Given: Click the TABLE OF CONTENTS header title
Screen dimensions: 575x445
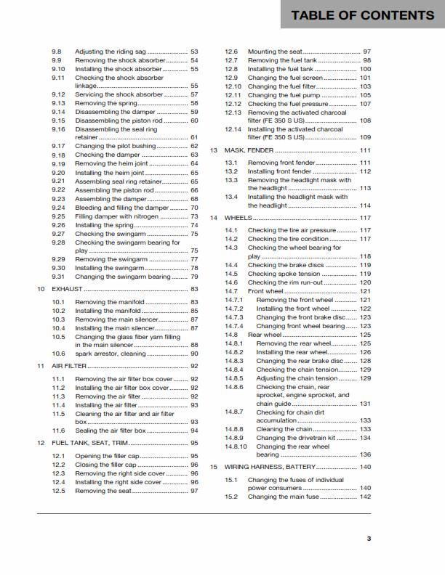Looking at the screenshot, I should point(362,15).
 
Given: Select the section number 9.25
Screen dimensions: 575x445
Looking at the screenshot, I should point(59,216).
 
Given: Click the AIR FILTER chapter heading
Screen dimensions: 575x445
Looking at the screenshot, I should point(68,366).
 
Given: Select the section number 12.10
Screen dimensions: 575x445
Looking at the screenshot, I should point(233,86).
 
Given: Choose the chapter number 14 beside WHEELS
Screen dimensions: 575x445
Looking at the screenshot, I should point(214,218).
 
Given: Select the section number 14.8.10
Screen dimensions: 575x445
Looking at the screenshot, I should point(235,446).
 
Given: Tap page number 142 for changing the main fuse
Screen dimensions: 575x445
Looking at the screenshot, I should point(365,497).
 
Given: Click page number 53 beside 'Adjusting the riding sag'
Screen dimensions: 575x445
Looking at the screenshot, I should point(194,52).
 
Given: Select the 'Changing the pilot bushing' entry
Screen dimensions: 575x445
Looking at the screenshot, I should point(116,146).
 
